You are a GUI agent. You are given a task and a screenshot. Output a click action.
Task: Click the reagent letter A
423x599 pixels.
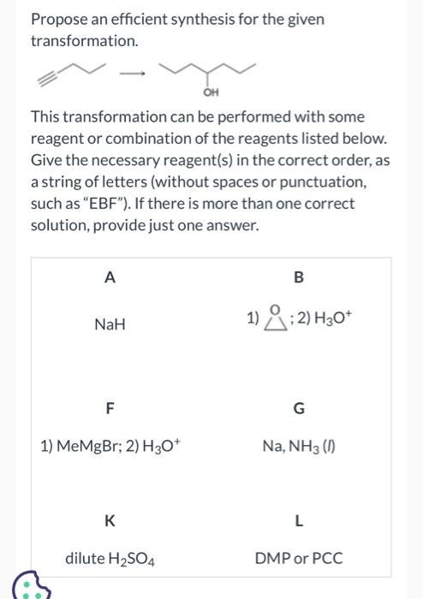pyautogui.click(x=109, y=276)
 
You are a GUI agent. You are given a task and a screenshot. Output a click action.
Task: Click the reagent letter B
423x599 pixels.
pyautogui.click(x=298, y=276)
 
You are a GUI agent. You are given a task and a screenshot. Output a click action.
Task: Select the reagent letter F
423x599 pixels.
pyautogui.click(x=109, y=408)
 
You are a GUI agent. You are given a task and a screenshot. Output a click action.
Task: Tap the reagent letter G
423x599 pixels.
pyautogui.click(x=298, y=408)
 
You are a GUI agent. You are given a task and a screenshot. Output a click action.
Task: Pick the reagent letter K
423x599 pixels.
pyautogui.click(x=109, y=519)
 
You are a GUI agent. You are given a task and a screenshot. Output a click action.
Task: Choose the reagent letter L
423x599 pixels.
pyautogui.click(x=298, y=519)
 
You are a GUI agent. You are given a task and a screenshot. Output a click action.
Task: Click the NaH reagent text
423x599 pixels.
pyautogui.click(x=110, y=325)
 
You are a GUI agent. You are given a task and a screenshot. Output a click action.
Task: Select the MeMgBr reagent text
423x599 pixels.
pyautogui.click(x=83, y=446)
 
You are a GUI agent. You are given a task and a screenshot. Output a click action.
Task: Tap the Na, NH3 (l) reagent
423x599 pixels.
pyautogui.click(x=298, y=446)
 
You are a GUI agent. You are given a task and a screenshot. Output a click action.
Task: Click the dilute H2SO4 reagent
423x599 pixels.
pyautogui.click(x=109, y=559)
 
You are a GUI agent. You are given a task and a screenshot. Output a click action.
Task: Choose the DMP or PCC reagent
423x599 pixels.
pyautogui.click(x=298, y=559)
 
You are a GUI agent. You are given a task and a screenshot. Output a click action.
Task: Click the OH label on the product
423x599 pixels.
pyautogui.click(x=208, y=91)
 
